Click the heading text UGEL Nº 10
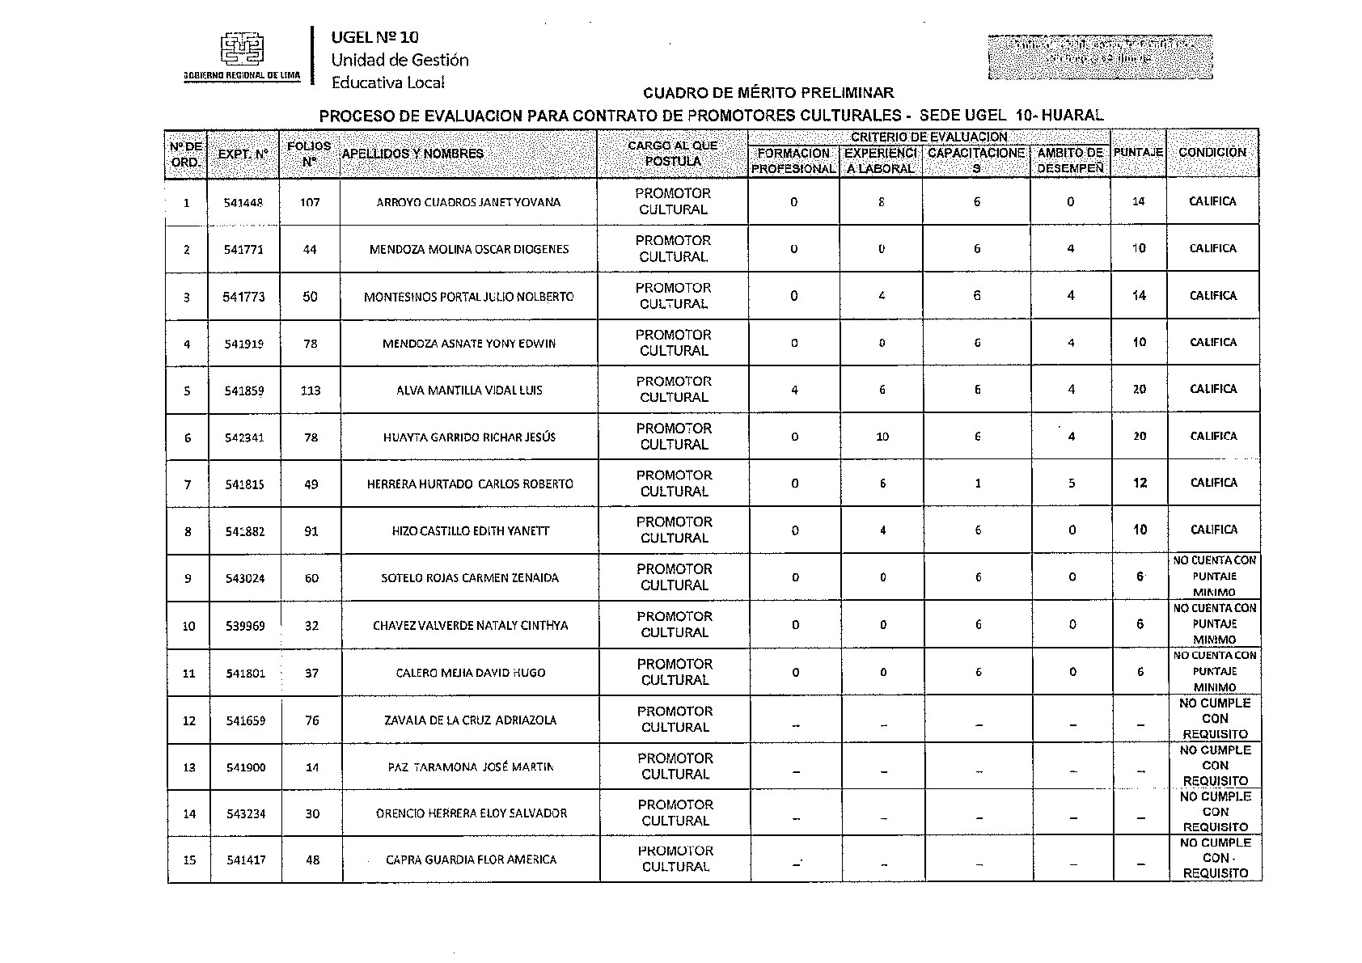click(x=375, y=37)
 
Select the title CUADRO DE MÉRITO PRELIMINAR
click(x=768, y=94)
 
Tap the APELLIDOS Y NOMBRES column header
click(x=412, y=154)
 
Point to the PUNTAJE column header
click(x=1138, y=152)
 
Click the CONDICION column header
click(x=1212, y=152)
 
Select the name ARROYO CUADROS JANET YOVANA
click(x=468, y=202)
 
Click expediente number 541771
click(x=243, y=249)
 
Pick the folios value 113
click(x=311, y=391)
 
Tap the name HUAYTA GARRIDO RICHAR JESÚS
click(x=469, y=437)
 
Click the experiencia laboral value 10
click(x=882, y=437)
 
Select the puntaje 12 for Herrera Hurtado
click(x=1140, y=483)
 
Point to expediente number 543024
click(x=244, y=578)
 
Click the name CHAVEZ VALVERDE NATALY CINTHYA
click(x=470, y=626)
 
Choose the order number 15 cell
click(x=189, y=860)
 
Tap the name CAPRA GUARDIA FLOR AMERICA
click(x=471, y=860)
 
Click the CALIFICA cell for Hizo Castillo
click(x=1213, y=530)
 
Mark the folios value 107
click(x=310, y=202)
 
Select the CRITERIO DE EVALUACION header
click(x=928, y=137)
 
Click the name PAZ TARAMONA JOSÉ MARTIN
click(x=471, y=767)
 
